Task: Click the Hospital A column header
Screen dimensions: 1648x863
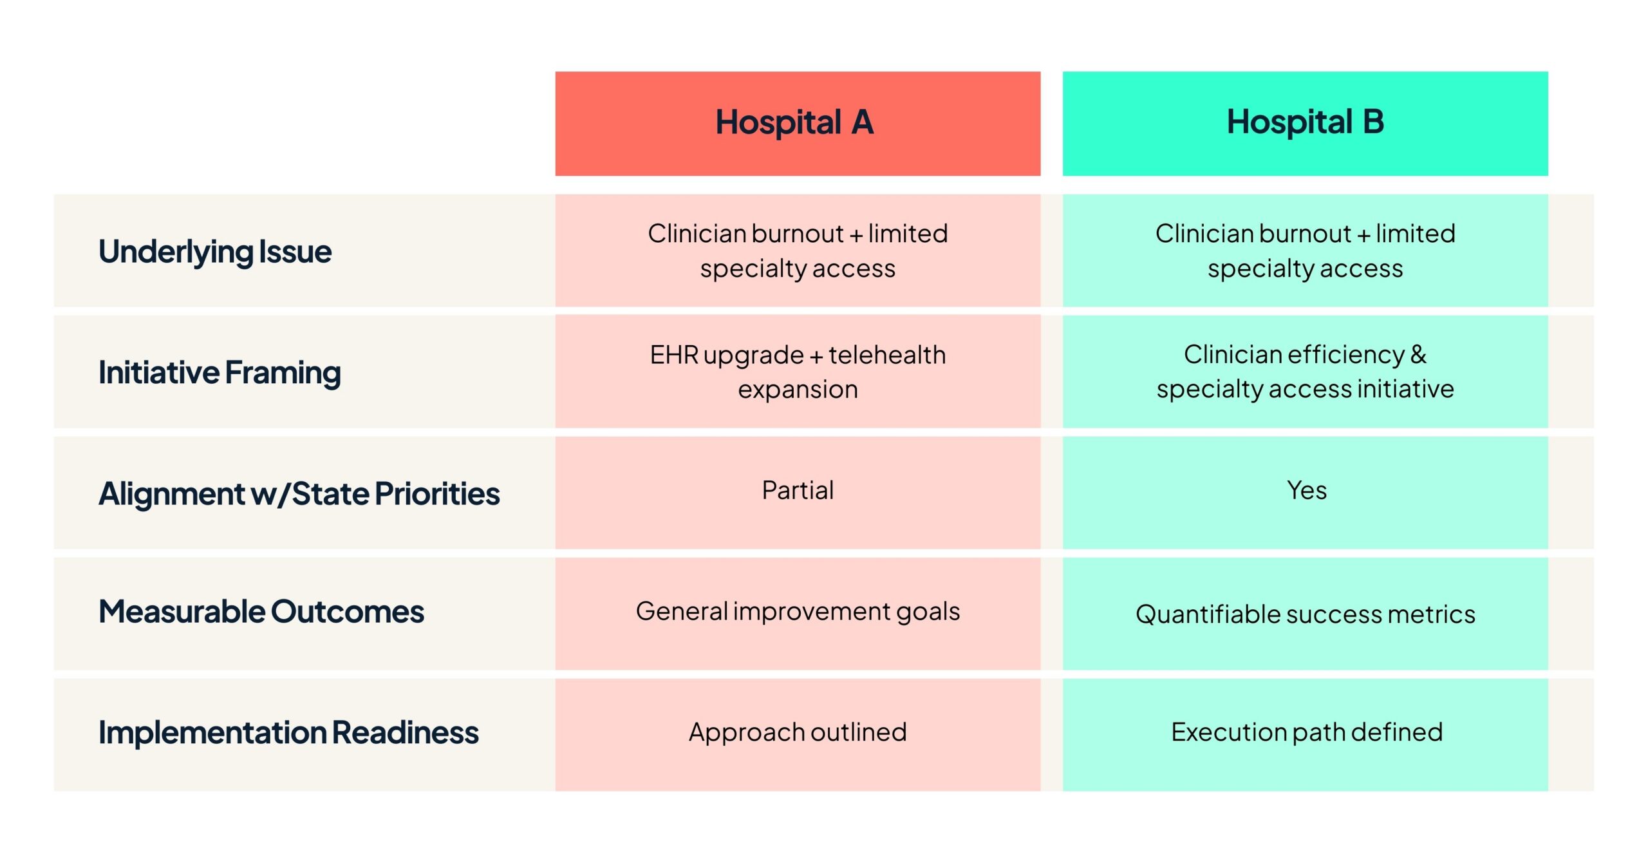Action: (x=798, y=124)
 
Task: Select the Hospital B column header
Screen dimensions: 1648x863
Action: (x=1305, y=124)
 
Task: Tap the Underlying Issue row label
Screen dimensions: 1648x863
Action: (x=215, y=252)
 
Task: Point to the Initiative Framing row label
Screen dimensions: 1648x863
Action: (x=220, y=373)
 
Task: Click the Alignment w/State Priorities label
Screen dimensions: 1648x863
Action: (x=299, y=494)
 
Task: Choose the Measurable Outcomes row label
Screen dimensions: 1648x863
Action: (x=261, y=611)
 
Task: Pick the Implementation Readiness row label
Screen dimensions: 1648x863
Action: (x=288, y=733)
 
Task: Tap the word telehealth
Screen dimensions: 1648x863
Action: (x=887, y=355)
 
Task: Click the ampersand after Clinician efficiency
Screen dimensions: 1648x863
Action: (x=1419, y=355)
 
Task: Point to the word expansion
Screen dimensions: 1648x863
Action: (x=798, y=390)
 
